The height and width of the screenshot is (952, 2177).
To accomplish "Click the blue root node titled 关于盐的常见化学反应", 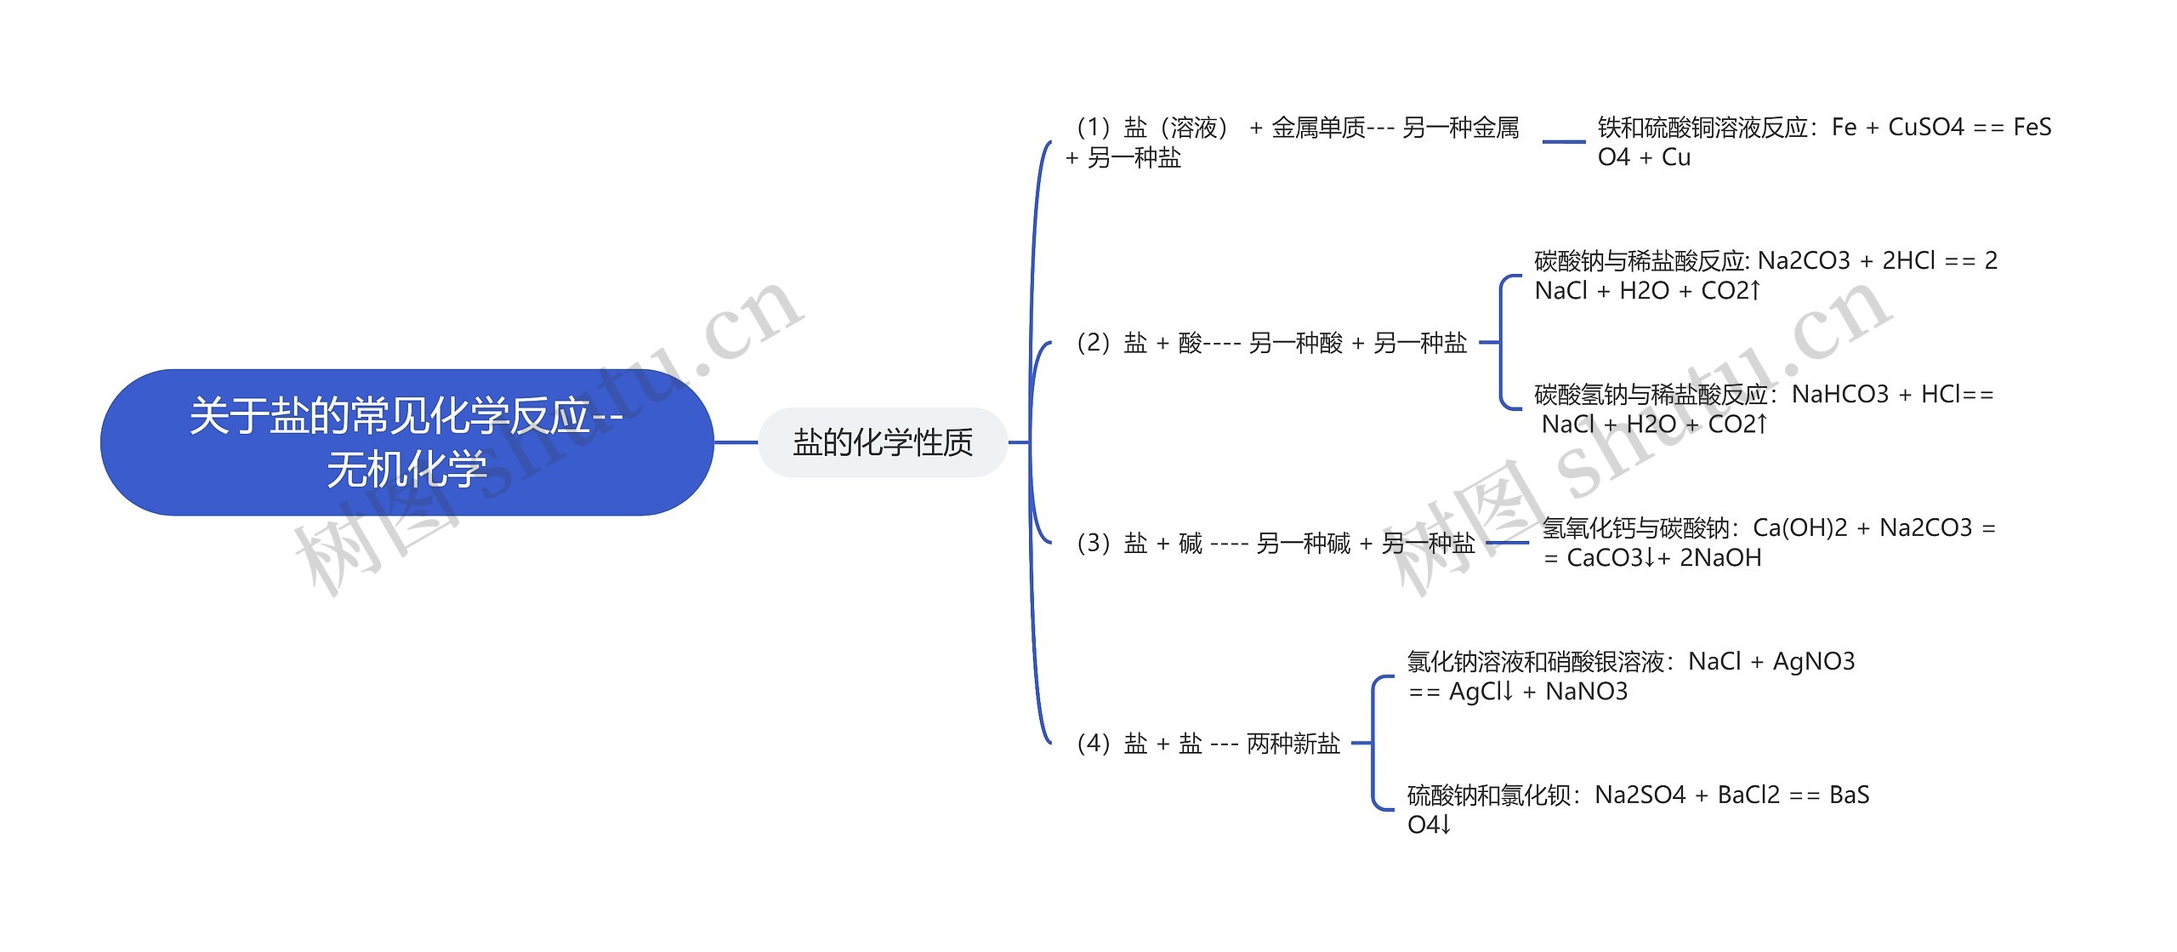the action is [x=406, y=442].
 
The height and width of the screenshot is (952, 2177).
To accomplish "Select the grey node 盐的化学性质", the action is [x=882, y=442].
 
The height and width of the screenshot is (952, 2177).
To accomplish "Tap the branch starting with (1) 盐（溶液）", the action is [x=1293, y=142].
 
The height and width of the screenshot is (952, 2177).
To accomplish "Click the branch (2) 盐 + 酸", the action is [x=1271, y=343].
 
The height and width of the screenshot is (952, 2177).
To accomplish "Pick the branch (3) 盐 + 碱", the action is [x=1276, y=543].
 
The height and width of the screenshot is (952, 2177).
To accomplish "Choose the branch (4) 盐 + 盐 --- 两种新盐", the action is [x=1208, y=744].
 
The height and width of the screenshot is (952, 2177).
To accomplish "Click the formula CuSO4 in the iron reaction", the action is [x=1926, y=128].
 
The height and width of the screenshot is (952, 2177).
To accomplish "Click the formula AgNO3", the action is [x=1813, y=661].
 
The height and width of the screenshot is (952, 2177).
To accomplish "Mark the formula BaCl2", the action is [x=1748, y=795].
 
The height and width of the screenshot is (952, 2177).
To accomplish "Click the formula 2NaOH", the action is [x=1720, y=558].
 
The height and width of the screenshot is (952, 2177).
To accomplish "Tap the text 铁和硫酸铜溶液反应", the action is [x=1702, y=128].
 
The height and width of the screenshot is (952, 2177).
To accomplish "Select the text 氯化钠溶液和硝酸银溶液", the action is [x=1535, y=661].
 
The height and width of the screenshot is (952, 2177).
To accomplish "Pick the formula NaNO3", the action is [x=1586, y=692].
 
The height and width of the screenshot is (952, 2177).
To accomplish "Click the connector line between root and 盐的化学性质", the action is [x=736, y=442].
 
